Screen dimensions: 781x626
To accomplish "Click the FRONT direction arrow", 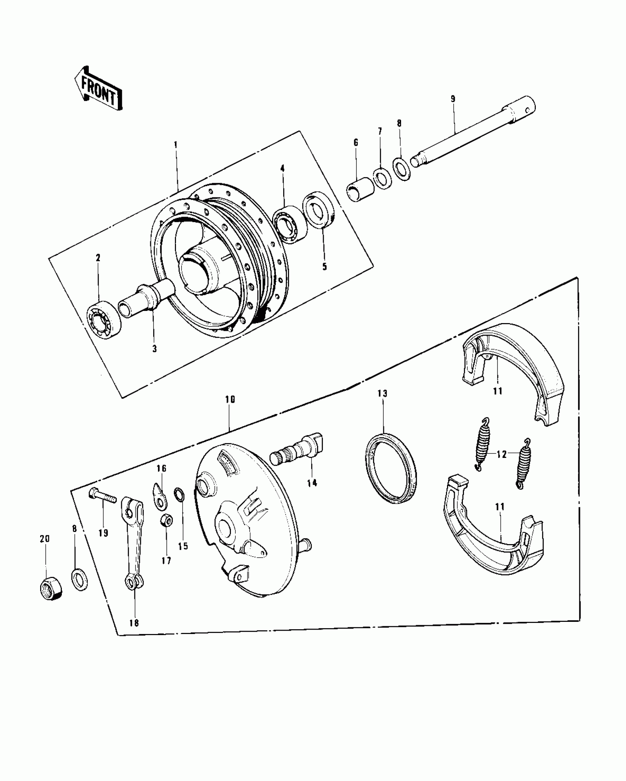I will (98, 88).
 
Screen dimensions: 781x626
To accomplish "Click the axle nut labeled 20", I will (50, 588).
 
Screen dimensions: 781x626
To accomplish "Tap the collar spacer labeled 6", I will (359, 190).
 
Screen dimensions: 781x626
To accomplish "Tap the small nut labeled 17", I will (165, 521).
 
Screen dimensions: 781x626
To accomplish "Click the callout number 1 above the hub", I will (176, 145).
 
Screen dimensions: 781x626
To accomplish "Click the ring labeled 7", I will (382, 179).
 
